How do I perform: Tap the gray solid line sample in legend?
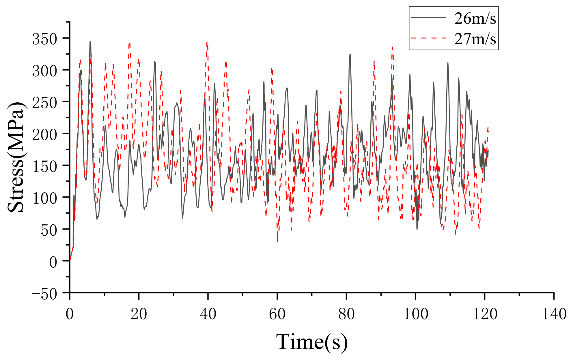428,17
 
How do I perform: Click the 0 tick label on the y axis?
53,262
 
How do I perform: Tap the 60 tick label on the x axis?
277,314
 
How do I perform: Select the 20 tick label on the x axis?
139,314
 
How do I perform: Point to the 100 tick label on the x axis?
415,314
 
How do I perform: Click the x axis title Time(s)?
312,342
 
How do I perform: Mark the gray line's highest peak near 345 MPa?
90,41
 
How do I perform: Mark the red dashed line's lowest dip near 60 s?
277,241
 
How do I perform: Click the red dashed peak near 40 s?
207,42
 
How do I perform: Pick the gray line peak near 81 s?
350,54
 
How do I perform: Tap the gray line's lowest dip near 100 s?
417,229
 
